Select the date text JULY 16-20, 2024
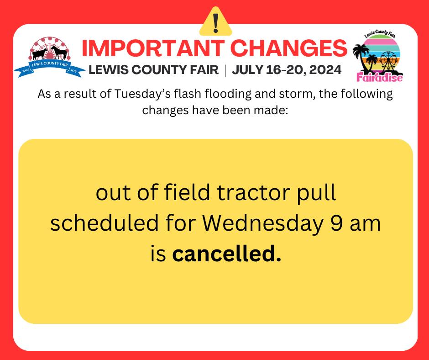287,70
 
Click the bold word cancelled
226,254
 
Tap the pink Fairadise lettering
378,76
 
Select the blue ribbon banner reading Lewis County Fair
49,68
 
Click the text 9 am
356,224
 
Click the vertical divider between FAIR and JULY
225,70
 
